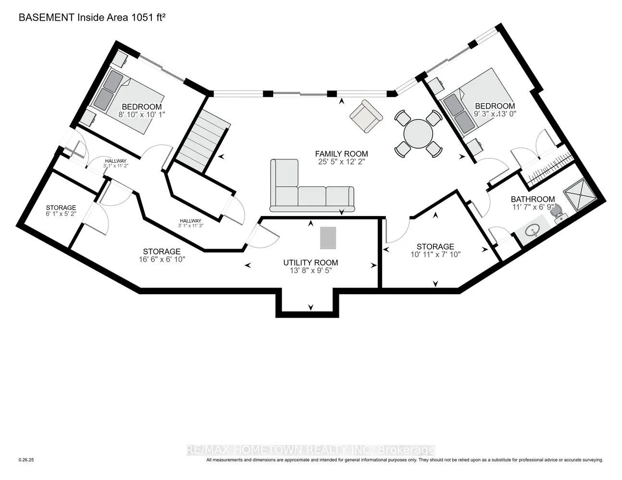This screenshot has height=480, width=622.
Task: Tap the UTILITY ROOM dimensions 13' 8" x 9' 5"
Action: pos(310,270)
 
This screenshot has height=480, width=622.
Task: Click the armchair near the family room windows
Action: pos(366,116)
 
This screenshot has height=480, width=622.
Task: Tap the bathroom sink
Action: pos(533,231)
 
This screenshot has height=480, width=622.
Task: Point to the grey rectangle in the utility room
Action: pos(328,238)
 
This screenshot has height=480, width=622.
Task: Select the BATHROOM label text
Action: pos(533,199)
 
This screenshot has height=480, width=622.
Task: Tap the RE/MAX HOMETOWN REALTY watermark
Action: pos(311,450)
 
